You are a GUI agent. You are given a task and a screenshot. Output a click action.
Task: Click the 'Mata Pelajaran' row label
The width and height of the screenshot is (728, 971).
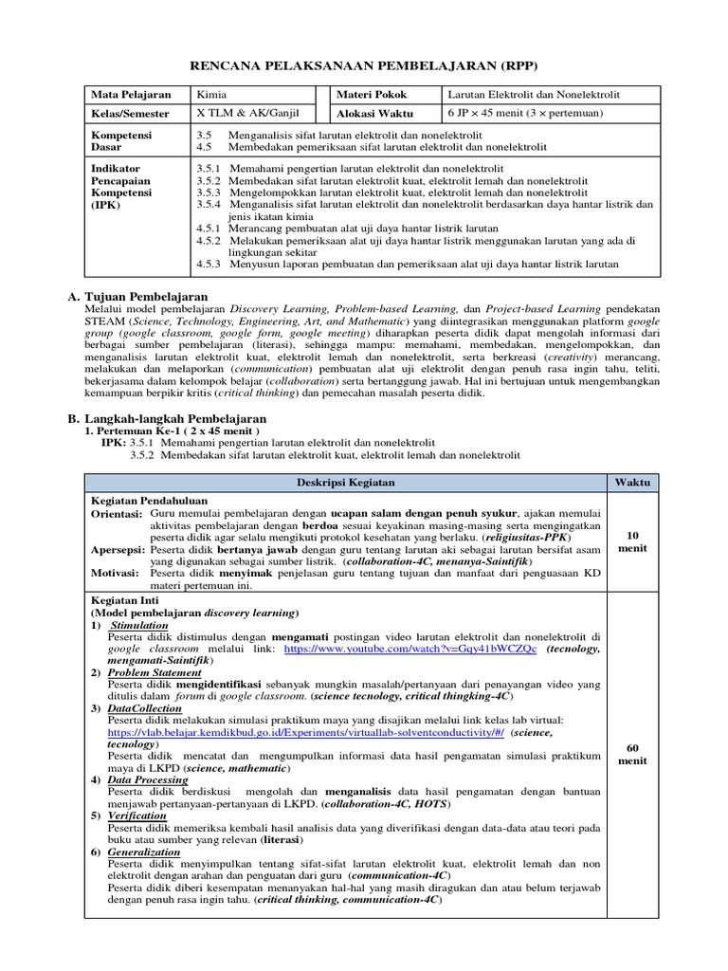(x=131, y=96)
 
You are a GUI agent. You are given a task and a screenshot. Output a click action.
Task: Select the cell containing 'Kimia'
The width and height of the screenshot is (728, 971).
(x=211, y=96)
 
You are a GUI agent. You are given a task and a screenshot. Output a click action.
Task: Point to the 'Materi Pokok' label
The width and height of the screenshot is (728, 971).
(x=370, y=96)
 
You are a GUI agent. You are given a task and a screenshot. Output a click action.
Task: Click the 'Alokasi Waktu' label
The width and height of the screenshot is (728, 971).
(x=373, y=113)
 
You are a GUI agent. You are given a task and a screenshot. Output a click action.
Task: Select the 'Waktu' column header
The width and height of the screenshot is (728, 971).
(x=632, y=482)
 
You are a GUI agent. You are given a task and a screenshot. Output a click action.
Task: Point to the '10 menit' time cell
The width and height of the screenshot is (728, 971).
(x=632, y=540)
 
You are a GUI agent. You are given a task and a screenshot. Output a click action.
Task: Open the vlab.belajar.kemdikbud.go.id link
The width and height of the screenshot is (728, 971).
(x=306, y=733)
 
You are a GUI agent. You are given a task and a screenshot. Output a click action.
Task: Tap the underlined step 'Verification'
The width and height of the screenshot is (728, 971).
(x=137, y=815)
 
